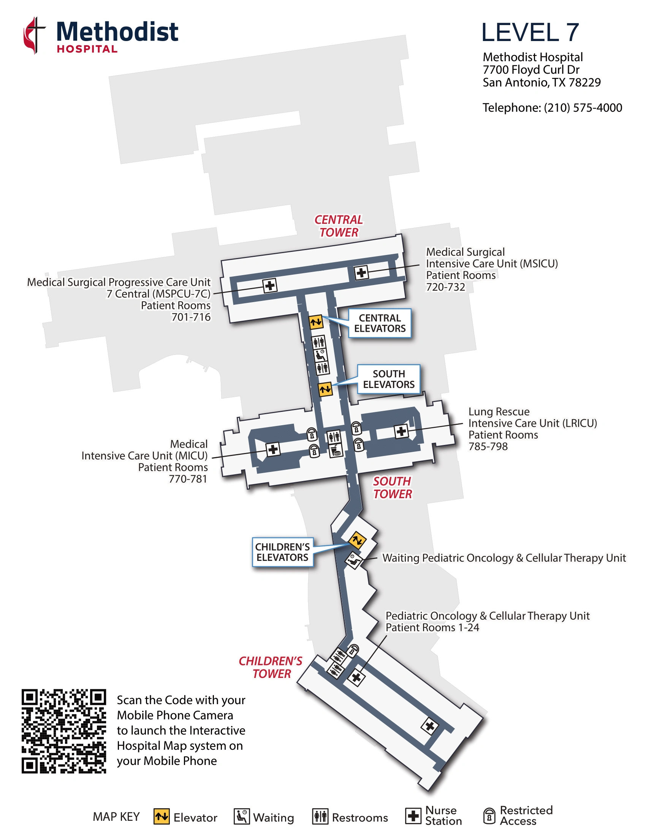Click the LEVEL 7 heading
click(x=530, y=32)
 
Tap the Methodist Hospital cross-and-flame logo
click(x=35, y=35)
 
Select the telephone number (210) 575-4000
click(x=583, y=108)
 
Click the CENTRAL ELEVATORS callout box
click(x=380, y=323)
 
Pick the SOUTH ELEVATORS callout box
click(x=388, y=379)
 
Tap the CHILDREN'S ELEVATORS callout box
click(x=282, y=553)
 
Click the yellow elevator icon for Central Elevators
click(x=316, y=322)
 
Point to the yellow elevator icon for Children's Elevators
click(x=357, y=540)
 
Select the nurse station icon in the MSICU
click(x=361, y=273)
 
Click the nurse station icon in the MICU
click(x=273, y=449)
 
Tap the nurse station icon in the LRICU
click(x=401, y=431)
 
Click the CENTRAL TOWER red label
click(x=339, y=226)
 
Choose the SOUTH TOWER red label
click(x=392, y=488)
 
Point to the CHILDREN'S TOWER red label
click(x=271, y=667)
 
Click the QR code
click(x=63, y=731)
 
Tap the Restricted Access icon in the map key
click(x=489, y=816)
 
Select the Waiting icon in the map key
click(x=241, y=817)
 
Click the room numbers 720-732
click(x=445, y=287)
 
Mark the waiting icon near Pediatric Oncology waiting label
click(x=354, y=560)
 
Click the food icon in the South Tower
click(x=336, y=451)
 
